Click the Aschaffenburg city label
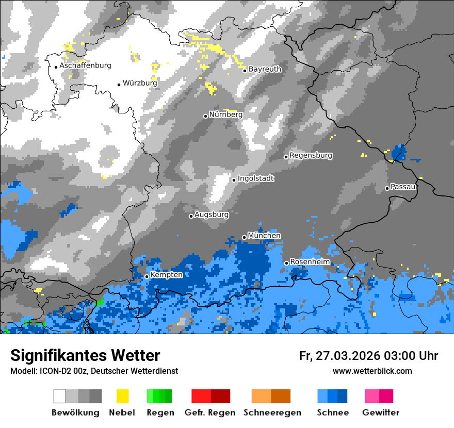point(85,66)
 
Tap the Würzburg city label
point(140,83)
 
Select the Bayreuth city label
point(265,69)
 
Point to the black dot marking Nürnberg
point(205,116)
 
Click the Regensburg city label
point(311,155)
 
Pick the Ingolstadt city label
point(256,178)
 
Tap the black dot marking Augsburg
point(191,216)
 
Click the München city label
point(264,236)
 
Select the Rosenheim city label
point(310,262)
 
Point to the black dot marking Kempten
point(147,276)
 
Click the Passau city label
point(403,187)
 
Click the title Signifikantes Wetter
point(85,355)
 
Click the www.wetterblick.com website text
point(372,371)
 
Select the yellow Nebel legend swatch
point(122,396)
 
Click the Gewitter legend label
point(380,413)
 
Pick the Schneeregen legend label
point(272,413)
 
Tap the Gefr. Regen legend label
point(210,413)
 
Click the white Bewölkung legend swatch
point(60,396)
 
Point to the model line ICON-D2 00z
point(94,371)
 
